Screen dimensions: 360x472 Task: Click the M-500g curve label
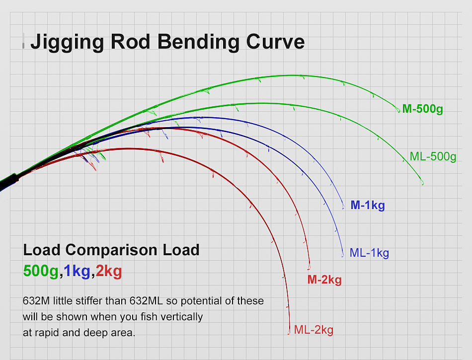422,109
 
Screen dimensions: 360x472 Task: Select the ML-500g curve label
433,156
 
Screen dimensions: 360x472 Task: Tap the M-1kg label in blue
368,205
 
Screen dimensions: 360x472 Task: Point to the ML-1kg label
369,253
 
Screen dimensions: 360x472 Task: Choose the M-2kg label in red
324,280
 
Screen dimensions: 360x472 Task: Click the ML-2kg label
314,330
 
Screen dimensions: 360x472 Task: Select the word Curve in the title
275,41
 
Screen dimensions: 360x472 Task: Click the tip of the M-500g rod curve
398,112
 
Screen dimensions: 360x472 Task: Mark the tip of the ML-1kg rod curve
342,256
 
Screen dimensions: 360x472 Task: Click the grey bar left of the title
23,41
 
